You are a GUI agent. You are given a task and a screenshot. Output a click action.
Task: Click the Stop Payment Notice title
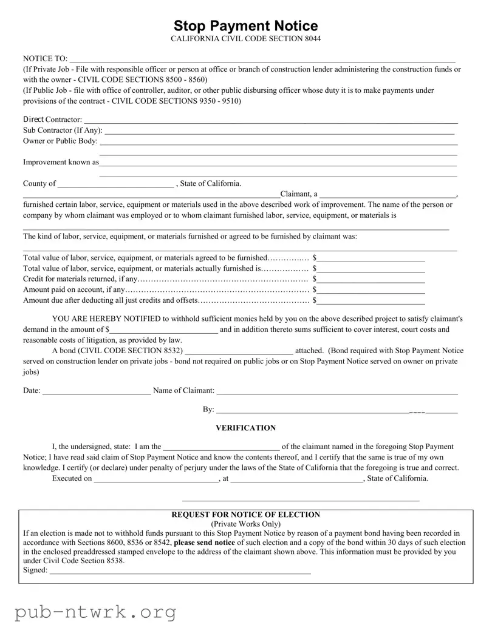click(245, 25)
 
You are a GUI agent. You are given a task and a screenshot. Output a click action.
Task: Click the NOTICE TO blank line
click(261, 60)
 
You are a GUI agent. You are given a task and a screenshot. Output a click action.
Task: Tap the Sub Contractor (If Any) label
click(63, 130)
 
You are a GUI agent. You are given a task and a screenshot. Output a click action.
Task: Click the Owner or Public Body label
click(60, 141)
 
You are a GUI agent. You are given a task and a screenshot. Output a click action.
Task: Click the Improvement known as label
click(61, 162)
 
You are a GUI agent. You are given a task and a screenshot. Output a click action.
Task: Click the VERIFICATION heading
click(245, 428)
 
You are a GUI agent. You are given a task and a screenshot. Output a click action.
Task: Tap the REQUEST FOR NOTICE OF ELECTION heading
click(245, 515)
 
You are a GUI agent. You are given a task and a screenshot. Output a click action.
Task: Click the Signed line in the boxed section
click(180, 572)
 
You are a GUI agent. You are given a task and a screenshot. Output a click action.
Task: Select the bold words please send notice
click(204, 542)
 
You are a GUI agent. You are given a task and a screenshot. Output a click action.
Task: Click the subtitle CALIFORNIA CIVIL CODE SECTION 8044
click(245, 39)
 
